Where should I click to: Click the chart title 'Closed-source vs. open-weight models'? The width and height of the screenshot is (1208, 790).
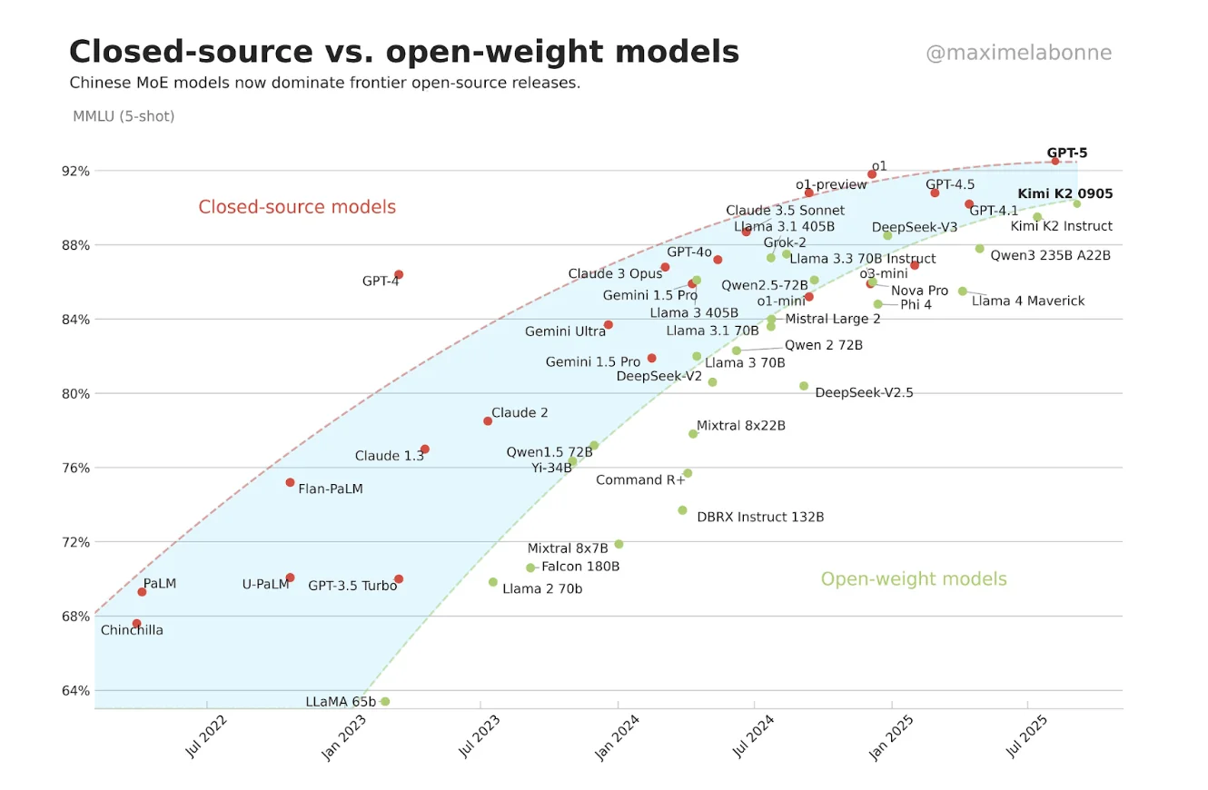tap(404, 52)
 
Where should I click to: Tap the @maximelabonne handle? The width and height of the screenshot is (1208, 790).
tap(1018, 53)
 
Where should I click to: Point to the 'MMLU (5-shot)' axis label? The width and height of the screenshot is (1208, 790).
tap(124, 116)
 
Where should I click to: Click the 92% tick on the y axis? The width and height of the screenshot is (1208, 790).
tap(75, 171)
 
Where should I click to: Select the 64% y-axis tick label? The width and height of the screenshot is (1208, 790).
tap(75, 690)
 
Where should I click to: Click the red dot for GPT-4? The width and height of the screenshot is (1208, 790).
tap(399, 274)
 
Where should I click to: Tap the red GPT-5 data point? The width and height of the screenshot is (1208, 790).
tap(1055, 161)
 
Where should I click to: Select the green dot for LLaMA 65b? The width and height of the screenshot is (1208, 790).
tap(385, 701)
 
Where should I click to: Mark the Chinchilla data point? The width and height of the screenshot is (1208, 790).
tap(136, 624)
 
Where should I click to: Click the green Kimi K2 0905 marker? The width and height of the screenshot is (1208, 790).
tap(1077, 203)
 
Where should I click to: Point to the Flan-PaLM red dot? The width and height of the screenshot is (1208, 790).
tap(290, 482)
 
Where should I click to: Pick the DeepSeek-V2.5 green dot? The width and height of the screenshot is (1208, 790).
tap(804, 386)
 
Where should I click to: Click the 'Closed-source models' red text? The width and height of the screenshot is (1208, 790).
tap(297, 207)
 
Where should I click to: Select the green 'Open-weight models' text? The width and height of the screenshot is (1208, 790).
tap(914, 578)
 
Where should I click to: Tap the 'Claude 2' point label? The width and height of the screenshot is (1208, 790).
tap(520, 412)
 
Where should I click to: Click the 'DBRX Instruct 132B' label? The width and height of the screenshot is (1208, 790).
tap(760, 517)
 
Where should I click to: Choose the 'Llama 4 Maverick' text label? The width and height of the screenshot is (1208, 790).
tap(1028, 301)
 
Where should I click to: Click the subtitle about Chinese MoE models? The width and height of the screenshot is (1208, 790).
tap(324, 83)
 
